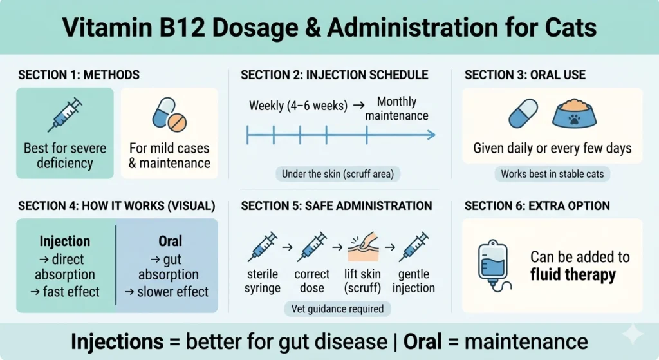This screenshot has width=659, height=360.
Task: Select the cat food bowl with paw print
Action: click(574, 114)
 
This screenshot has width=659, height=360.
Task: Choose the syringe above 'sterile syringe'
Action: click(262, 247)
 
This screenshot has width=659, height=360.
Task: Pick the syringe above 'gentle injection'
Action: click(413, 247)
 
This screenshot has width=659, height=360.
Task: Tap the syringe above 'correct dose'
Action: click(312, 247)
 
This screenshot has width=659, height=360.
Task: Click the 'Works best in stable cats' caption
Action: click(553, 173)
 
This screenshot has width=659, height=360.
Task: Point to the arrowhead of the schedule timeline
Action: click(432, 135)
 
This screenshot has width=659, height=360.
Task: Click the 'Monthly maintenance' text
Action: click(396, 109)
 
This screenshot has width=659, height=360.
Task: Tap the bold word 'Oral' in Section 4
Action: click(170, 241)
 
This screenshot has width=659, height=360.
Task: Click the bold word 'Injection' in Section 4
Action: click(64, 241)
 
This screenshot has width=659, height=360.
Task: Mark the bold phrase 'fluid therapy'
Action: click(573, 276)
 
